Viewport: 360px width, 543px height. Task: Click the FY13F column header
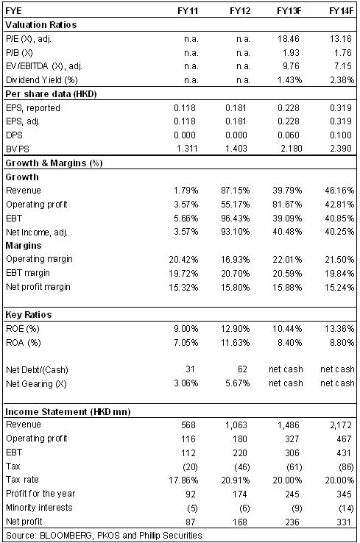pyautogui.click(x=289, y=11)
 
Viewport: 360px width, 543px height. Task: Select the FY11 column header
pyautogui.click(x=188, y=11)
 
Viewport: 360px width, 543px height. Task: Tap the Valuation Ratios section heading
pyautogui.click(x=41, y=24)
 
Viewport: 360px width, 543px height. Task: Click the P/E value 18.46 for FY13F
pyautogui.click(x=288, y=38)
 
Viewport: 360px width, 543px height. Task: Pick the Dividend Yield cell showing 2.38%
pyautogui.click(x=342, y=80)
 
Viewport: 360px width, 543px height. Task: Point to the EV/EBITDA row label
pyautogui.click(x=44, y=66)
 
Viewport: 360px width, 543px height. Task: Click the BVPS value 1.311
pyautogui.click(x=187, y=149)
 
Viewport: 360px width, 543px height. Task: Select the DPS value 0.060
pyautogui.click(x=289, y=135)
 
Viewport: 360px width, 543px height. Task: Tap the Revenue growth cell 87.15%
pyautogui.click(x=236, y=190)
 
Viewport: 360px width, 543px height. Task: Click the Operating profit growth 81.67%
pyautogui.click(x=287, y=205)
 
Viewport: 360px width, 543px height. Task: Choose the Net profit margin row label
pyautogui.click(x=38, y=287)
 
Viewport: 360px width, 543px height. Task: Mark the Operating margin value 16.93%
pyautogui.click(x=236, y=260)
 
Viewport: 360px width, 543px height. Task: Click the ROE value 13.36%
pyautogui.click(x=339, y=328)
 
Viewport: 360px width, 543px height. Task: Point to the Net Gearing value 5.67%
pyautogui.click(x=237, y=383)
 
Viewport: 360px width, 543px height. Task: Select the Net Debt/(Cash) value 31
pyautogui.click(x=190, y=369)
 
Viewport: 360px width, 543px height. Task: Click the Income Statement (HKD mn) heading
pyautogui.click(x=68, y=411)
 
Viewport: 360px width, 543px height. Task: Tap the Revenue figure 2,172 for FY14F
pyautogui.click(x=341, y=425)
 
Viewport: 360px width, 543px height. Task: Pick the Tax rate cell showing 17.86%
pyautogui.click(x=183, y=480)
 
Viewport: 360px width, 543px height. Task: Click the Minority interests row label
pyautogui.click(x=39, y=508)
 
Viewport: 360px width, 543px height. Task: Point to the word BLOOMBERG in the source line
pyautogui.click(x=66, y=535)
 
